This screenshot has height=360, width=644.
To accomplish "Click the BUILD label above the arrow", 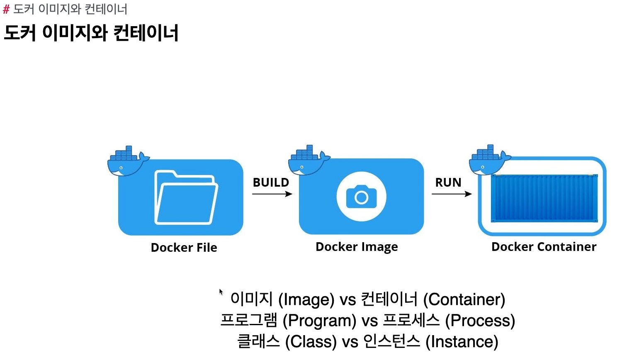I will coord(271,182).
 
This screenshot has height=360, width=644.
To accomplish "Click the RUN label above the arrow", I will coord(448,182).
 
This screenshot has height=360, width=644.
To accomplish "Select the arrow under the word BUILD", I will coord(272,194).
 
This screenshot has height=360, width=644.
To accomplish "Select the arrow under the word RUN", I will coord(452,194).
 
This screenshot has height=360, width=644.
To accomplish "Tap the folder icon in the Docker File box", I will coord(186,197).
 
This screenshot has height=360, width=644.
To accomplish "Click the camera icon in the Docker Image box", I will coord(361,197).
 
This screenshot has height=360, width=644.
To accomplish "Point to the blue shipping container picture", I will coord(544,198).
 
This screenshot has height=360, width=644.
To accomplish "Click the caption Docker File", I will coord(184,248).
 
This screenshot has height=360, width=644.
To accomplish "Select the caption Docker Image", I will coord(357,247).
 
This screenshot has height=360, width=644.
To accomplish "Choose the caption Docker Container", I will coord(544,247).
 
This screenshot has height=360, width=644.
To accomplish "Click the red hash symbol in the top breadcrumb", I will coord(6,10).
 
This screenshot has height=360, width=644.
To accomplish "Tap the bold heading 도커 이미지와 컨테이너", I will coord(91,33).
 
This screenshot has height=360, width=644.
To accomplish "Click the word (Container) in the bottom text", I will coord(464,299).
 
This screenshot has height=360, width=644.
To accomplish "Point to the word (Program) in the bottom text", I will coord(319,321).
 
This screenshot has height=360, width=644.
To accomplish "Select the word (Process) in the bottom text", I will coord(480,321).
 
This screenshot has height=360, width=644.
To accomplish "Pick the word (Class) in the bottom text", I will coord(311,342).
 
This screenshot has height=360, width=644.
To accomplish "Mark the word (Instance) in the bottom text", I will coord(462,342).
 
